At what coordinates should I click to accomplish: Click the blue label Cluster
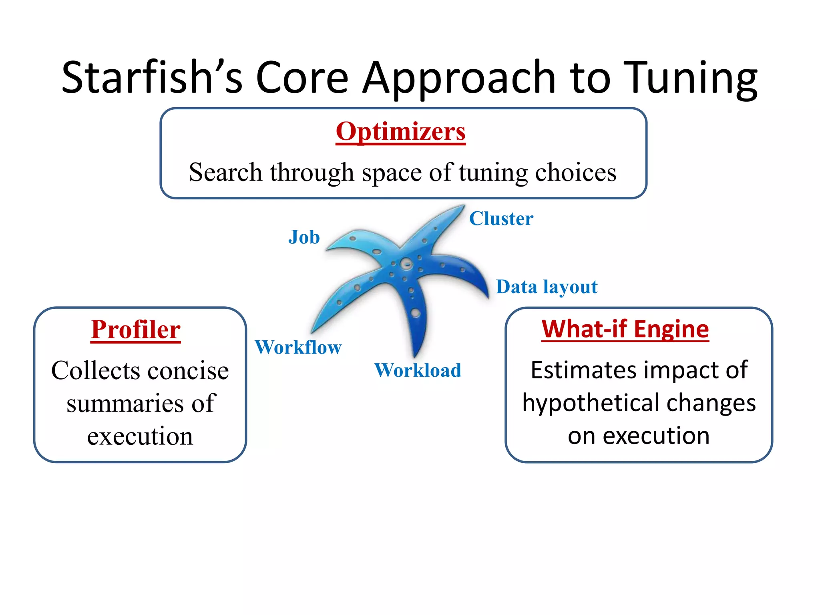click(x=501, y=219)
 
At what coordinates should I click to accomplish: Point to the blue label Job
click(x=304, y=237)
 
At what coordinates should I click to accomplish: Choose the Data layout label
click(x=547, y=287)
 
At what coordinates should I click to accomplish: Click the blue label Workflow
click(x=298, y=347)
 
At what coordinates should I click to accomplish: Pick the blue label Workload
click(x=418, y=370)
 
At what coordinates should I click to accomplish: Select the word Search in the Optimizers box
click(x=225, y=172)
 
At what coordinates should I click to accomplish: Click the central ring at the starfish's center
click(x=406, y=264)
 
